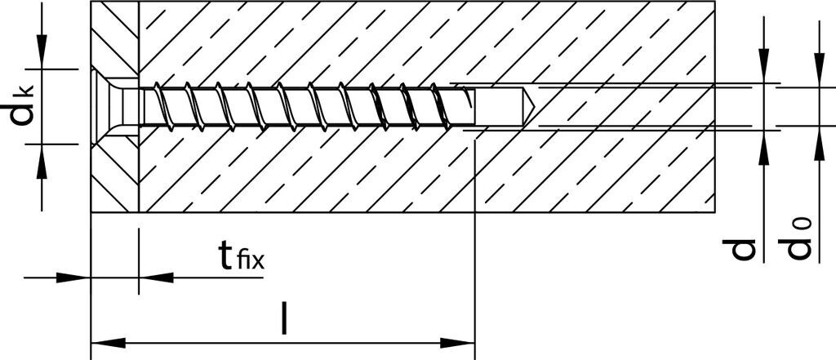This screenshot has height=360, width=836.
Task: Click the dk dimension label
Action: point(23,106)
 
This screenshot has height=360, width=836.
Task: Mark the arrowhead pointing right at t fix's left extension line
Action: point(78,278)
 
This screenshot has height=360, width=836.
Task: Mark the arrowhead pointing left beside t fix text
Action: point(150,278)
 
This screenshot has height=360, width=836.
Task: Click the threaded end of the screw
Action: point(462,106)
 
